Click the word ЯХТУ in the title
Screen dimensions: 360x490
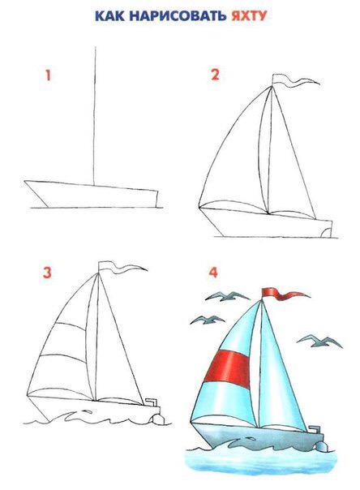249,15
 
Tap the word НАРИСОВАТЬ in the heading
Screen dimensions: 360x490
178,16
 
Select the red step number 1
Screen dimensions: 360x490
48,75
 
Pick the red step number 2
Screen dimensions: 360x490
215,75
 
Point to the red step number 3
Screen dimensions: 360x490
47,273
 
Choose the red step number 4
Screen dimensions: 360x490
213,273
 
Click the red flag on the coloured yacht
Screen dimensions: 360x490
281,294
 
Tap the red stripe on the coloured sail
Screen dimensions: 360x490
228,369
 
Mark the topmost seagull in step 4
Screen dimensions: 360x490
227,296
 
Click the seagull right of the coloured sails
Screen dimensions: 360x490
319,341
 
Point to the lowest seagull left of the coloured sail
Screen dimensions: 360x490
208,320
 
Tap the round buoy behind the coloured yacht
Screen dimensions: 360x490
322,446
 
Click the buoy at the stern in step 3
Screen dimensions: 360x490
158,419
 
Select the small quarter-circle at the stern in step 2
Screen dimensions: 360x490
326,232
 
